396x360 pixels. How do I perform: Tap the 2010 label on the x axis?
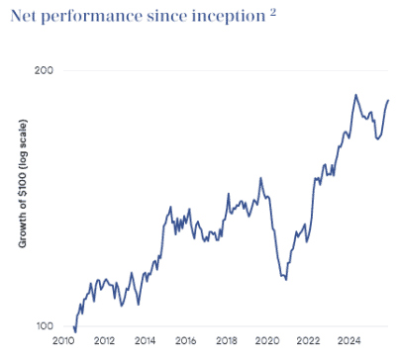click(64, 341)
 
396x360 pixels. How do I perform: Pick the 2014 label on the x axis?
click(146, 341)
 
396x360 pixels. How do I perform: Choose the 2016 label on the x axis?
click(186, 341)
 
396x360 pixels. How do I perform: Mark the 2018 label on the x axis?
click(227, 341)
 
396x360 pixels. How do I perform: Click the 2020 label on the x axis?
click(267, 341)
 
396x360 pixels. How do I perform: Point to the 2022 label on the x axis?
click(308, 341)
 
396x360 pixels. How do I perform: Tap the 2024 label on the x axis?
click(348, 341)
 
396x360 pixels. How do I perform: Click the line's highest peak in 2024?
click(355, 95)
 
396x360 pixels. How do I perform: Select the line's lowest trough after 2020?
click(285, 279)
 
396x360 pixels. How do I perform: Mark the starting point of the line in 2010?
click(74, 326)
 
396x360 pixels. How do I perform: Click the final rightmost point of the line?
click(388, 100)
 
